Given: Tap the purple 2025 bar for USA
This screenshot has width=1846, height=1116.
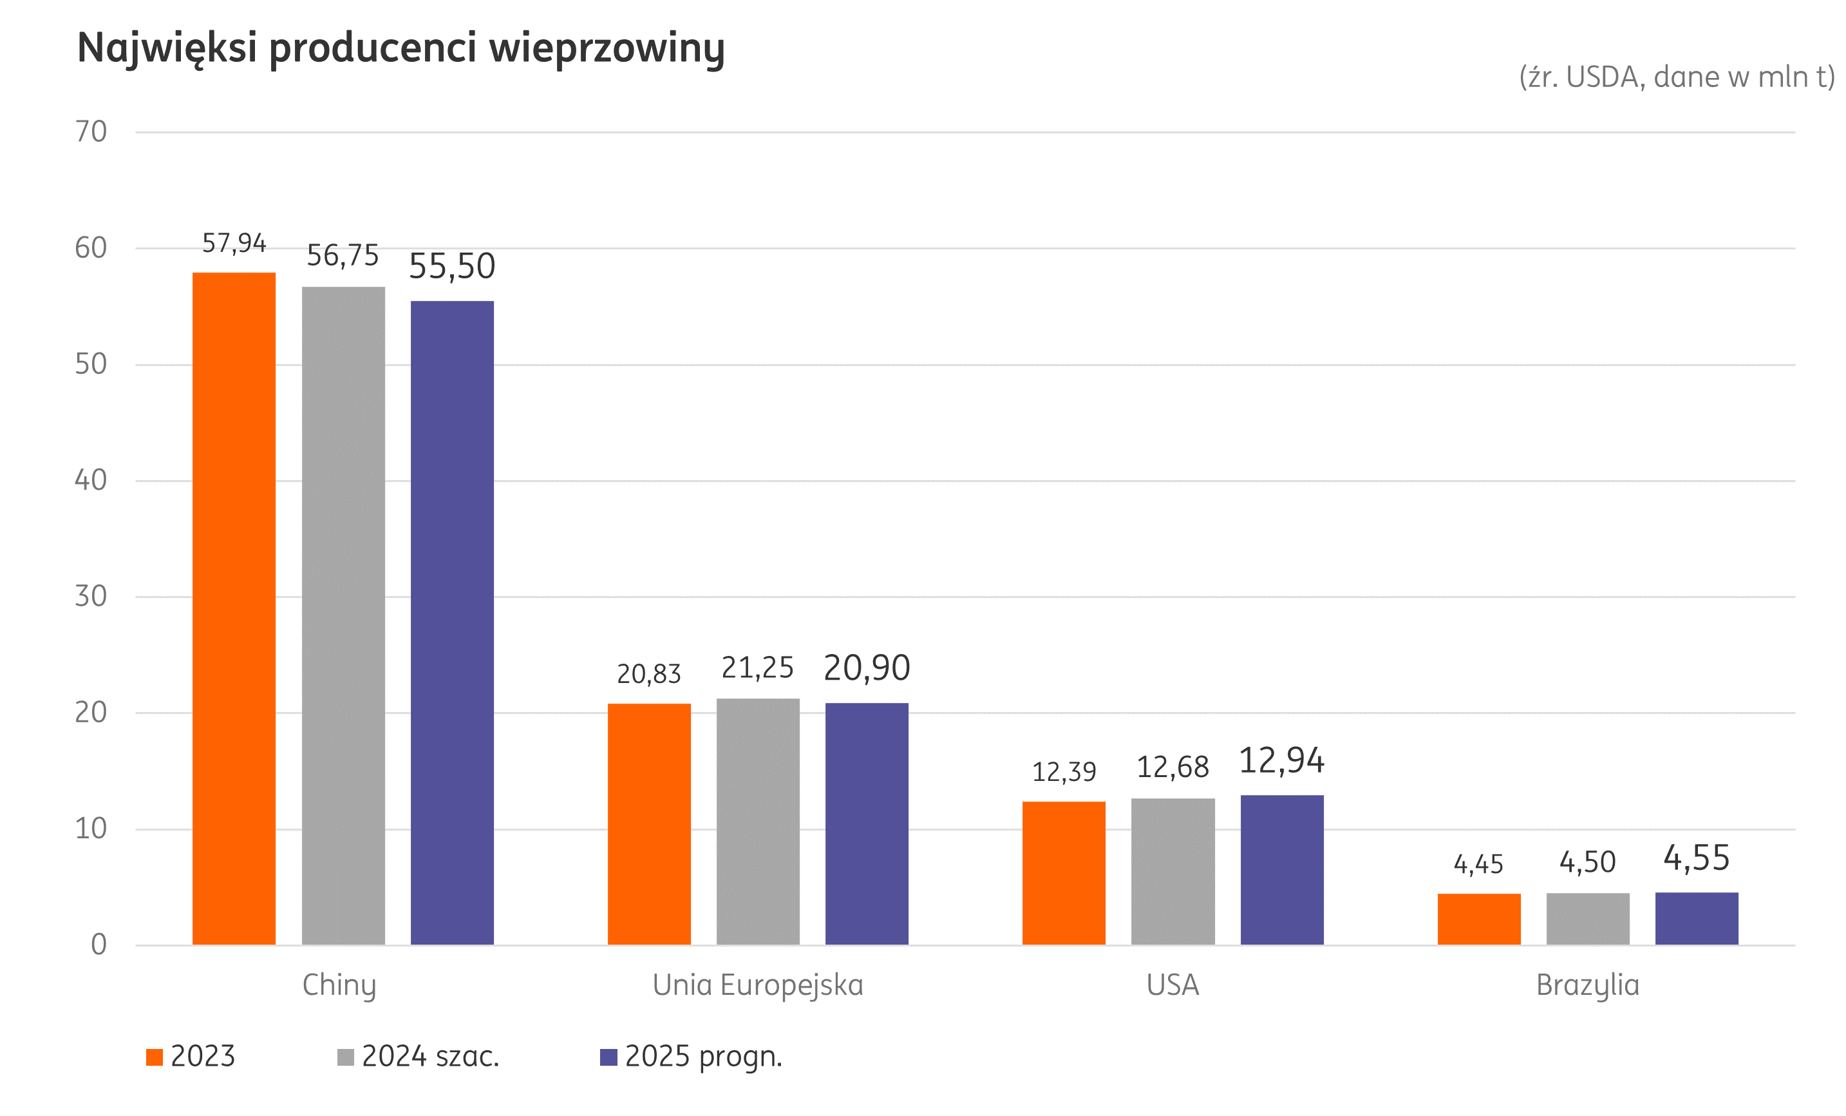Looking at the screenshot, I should pos(1282,869).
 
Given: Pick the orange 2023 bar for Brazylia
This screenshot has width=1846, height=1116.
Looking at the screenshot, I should pos(1479,918).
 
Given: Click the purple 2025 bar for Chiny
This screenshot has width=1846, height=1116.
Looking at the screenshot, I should pos(452,622).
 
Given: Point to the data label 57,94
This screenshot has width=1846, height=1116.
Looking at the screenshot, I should pos(234,243).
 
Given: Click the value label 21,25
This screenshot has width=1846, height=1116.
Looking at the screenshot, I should pos(757,668).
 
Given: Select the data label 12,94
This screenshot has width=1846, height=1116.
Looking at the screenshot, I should pos(1281,761).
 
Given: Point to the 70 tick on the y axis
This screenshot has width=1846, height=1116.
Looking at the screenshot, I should pos(91,132).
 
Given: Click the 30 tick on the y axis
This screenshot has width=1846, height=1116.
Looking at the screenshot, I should pos(91,597).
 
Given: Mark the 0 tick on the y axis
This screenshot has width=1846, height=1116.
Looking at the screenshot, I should pos(98,945).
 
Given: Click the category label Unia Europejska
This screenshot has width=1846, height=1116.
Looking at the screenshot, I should pos(757,985).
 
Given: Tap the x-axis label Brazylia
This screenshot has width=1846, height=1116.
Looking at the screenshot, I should pos(1588,985).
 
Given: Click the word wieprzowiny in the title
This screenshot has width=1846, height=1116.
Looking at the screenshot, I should pos(607,48).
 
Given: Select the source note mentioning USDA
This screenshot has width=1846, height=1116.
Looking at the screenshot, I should pos(1676,77).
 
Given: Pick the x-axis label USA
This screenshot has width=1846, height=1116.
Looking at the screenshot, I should pos(1173,985).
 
